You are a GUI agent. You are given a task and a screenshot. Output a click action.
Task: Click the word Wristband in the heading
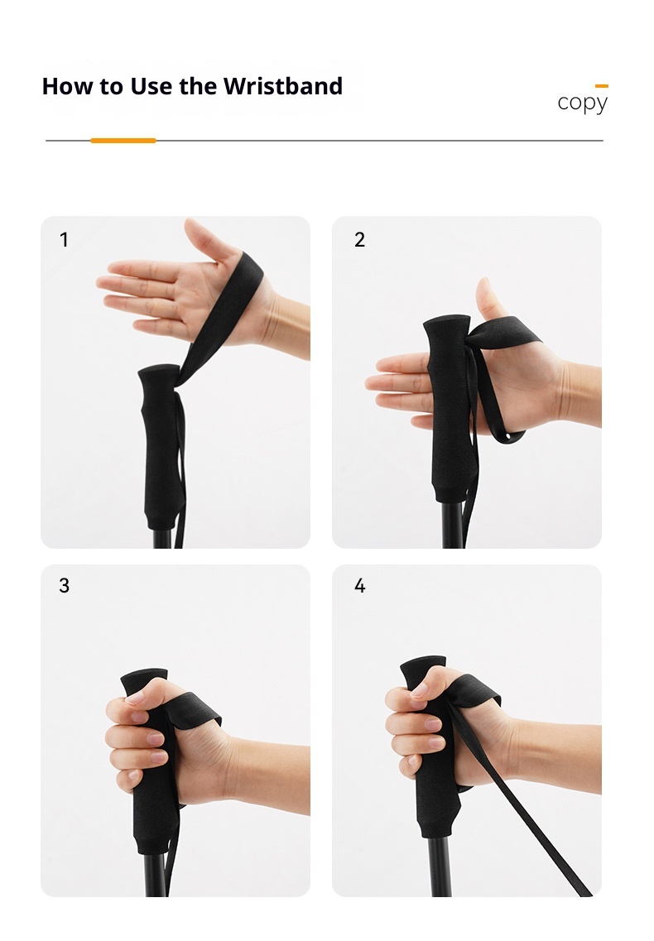[283, 86]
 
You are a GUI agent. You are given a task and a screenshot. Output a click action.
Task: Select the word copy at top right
[583, 103]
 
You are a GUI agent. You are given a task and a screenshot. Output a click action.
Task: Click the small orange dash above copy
[602, 86]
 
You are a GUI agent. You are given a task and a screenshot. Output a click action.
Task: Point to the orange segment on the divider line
[123, 141]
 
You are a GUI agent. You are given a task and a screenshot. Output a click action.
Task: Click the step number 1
[64, 240]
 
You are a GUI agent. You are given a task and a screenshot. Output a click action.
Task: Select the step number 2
[360, 240]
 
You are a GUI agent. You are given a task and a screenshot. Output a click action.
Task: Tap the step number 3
[65, 586]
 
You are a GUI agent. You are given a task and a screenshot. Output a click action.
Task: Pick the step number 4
[360, 586]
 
